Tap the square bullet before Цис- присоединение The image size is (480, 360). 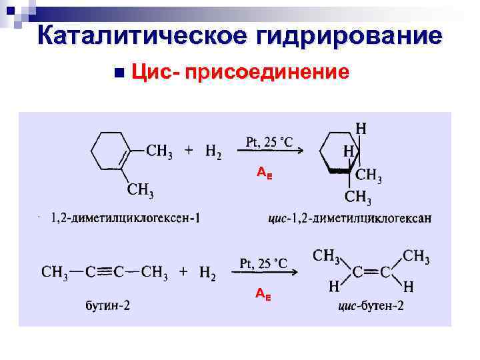point(119,71)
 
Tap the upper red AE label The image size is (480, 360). point(264,173)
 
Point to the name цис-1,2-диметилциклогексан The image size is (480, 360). point(349,218)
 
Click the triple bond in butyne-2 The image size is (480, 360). point(104,272)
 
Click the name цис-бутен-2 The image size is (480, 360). point(371,307)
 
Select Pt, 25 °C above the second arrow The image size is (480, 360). point(263,262)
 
